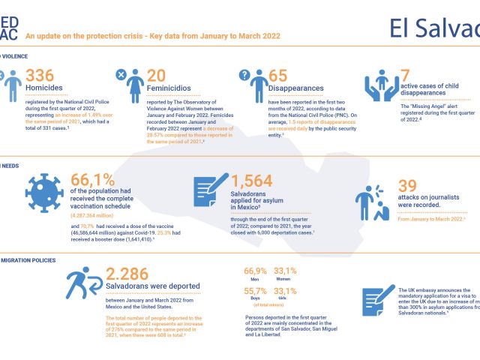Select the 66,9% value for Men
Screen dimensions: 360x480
pyautogui.click(x=256, y=271)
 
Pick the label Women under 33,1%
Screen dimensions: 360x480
pyautogui.click(x=283, y=278)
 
